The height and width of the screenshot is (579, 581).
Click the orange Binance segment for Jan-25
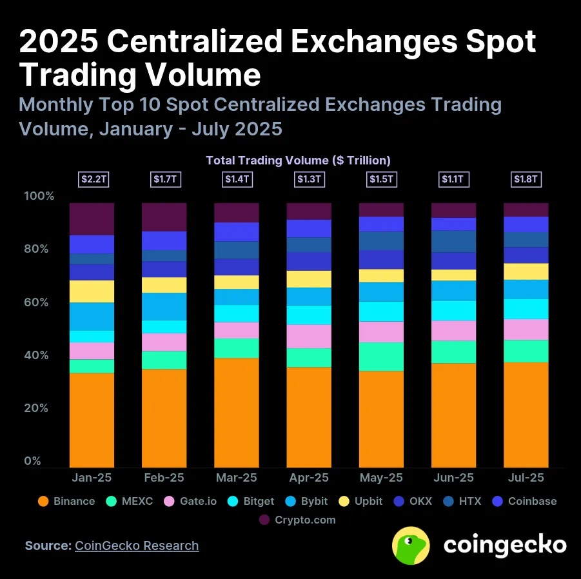tap(92, 420)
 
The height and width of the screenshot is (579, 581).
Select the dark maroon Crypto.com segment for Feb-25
tap(164, 217)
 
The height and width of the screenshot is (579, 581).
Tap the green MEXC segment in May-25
tap(381, 356)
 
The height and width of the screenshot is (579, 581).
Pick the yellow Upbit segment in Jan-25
tap(92, 291)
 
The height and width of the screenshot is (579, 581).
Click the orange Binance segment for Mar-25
tap(236, 413)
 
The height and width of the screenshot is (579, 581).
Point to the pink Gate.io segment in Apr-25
tap(308, 336)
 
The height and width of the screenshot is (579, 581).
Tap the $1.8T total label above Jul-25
tap(526, 179)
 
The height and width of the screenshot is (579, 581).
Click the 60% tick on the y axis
tap(37, 302)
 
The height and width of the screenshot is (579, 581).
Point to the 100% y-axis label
tap(39, 196)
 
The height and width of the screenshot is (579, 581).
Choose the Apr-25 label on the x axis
tap(308, 478)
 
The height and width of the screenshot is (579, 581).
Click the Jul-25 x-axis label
tap(526, 478)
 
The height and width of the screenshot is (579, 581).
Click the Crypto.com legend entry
tap(297, 520)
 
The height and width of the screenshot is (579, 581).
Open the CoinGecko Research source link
tap(137, 545)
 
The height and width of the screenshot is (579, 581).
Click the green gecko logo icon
tap(411, 545)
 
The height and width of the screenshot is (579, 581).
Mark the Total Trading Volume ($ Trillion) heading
tap(298, 160)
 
